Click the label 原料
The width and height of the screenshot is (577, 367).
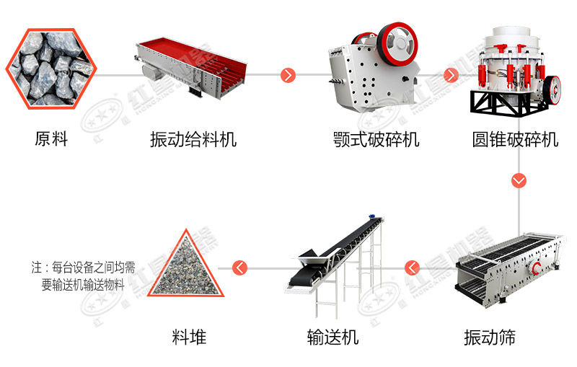pos(50,139)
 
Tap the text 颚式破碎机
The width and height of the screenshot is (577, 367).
pos(376,139)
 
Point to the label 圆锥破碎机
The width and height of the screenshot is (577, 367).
pos(516,139)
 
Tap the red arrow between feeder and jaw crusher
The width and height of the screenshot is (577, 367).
pos(288,74)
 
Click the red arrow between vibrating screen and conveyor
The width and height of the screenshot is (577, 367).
pos(412,268)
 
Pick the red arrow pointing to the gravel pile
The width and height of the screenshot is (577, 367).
pos(240,268)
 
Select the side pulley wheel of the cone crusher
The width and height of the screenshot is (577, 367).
pos(553,89)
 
